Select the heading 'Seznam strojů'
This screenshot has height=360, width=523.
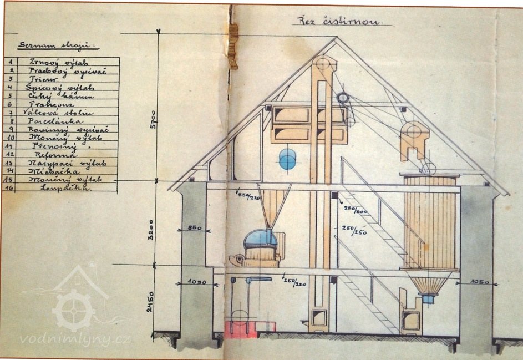click(x=55, y=44)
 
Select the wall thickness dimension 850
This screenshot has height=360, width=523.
click(x=194, y=228)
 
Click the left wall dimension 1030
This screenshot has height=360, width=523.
click(x=195, y=282)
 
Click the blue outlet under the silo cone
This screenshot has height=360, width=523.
click(x=429, y=299)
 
